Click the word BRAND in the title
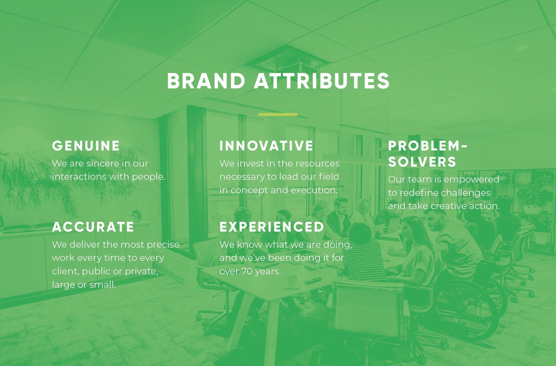coord(206,81)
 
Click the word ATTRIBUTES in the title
coord(322,81)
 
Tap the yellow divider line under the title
coord(278,114)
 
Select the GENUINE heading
coord(86,146)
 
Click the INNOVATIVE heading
coord(266,146)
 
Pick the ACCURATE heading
coord(93,227)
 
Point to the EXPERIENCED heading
coord(272,227)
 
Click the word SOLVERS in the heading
coord(422,162)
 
